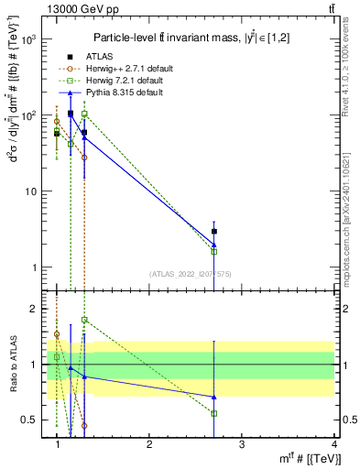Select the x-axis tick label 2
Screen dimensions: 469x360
[x=149, y=444]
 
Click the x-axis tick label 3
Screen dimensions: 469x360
[x=242, y=444]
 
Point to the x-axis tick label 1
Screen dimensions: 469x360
[x=58, y=444]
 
